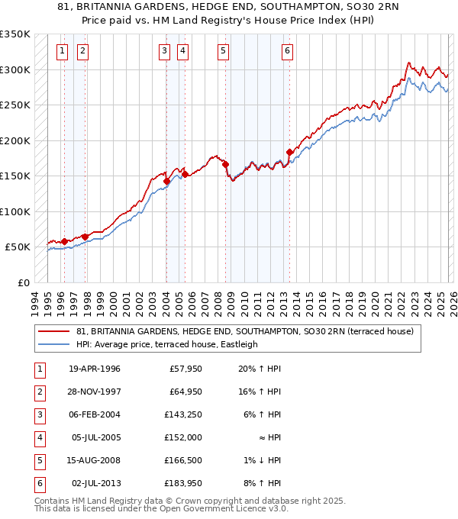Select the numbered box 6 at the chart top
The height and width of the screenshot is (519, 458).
pyautogui.click(x=287, y=51)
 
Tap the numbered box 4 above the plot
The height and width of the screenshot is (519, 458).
pyautogui.click(x=183, y=51)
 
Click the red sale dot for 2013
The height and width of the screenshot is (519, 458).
pyautogui.click(x=289, y=152)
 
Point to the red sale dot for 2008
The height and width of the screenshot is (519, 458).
pyautogui.click(x=226, y=164)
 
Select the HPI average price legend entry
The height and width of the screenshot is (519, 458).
pyautogui.click(x=167, y=344)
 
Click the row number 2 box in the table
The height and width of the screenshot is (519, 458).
pyautogui.click(x=38, y=392)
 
